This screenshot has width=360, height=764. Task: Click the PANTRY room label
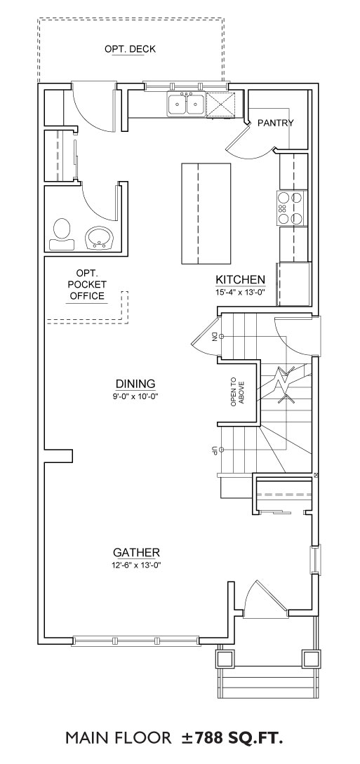pyautogui.click(x=275, y=123)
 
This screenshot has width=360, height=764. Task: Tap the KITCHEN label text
pyautogui.click(x=241, y=280)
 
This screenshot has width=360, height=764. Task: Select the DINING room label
pyautogui.click(x=135, y=384)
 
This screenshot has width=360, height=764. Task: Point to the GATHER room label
pyautogui.click(x=136, y=553)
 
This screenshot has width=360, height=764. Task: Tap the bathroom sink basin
pyautogui.click(x=100, y=239)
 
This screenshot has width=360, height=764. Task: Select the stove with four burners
pyautogui.click(x=293, y=208)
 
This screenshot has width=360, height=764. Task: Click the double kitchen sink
pyautogui.click(x=186, y=104)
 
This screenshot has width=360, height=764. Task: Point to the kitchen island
pyautogui.click(x=206, y=213)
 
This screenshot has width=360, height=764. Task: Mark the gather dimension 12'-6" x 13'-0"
pyautogui.click(x=136, y=565)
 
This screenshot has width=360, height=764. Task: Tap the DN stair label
pyautogui.click(x=214, y=336)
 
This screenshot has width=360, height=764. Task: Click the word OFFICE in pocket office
pyautogui.click(x=87, y=296)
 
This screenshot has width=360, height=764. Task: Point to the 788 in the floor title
pyautogui.click(x=211, y=737)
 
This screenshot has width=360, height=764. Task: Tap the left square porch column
pyautogui.click(x=225, y=659)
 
